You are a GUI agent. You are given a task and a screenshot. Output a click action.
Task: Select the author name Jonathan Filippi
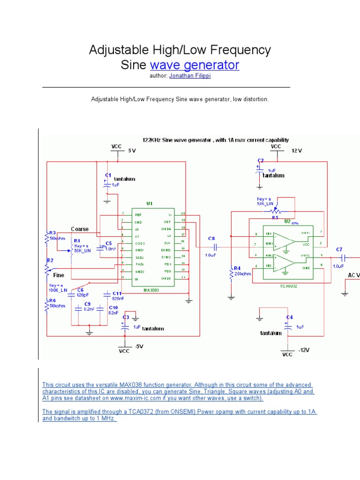coord(190,76)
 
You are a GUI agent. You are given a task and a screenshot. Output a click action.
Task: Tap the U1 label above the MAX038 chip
coord(150,204)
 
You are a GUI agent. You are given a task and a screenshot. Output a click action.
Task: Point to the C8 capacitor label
coord(211,239)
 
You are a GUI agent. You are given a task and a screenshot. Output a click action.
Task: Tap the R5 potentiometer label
coord(276,217)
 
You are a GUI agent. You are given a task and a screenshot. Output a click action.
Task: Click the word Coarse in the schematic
coord(80,229)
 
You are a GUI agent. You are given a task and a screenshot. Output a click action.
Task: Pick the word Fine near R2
coord(58,275)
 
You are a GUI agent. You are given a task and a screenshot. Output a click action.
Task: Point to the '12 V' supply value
coord(297,151)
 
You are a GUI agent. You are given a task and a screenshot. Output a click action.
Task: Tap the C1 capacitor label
coord(107,175)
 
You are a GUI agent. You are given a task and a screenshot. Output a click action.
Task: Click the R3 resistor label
coord(52,233)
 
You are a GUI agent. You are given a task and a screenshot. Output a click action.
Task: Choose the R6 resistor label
coord(52,300)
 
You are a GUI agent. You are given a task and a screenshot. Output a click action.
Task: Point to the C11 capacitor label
coord(117,293)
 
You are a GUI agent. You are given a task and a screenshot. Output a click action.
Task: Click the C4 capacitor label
coord(290,317)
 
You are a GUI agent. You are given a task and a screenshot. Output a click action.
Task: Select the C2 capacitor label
coord(261,160)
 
